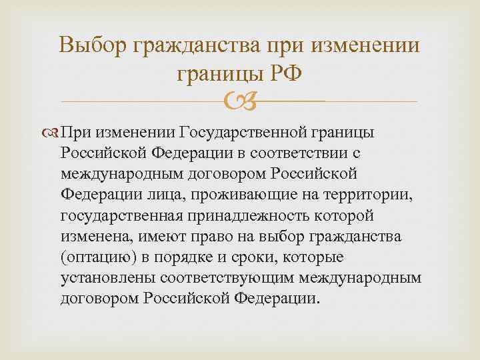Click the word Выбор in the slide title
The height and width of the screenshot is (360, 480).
(93, 46)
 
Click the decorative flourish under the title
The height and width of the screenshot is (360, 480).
(239, 102)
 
